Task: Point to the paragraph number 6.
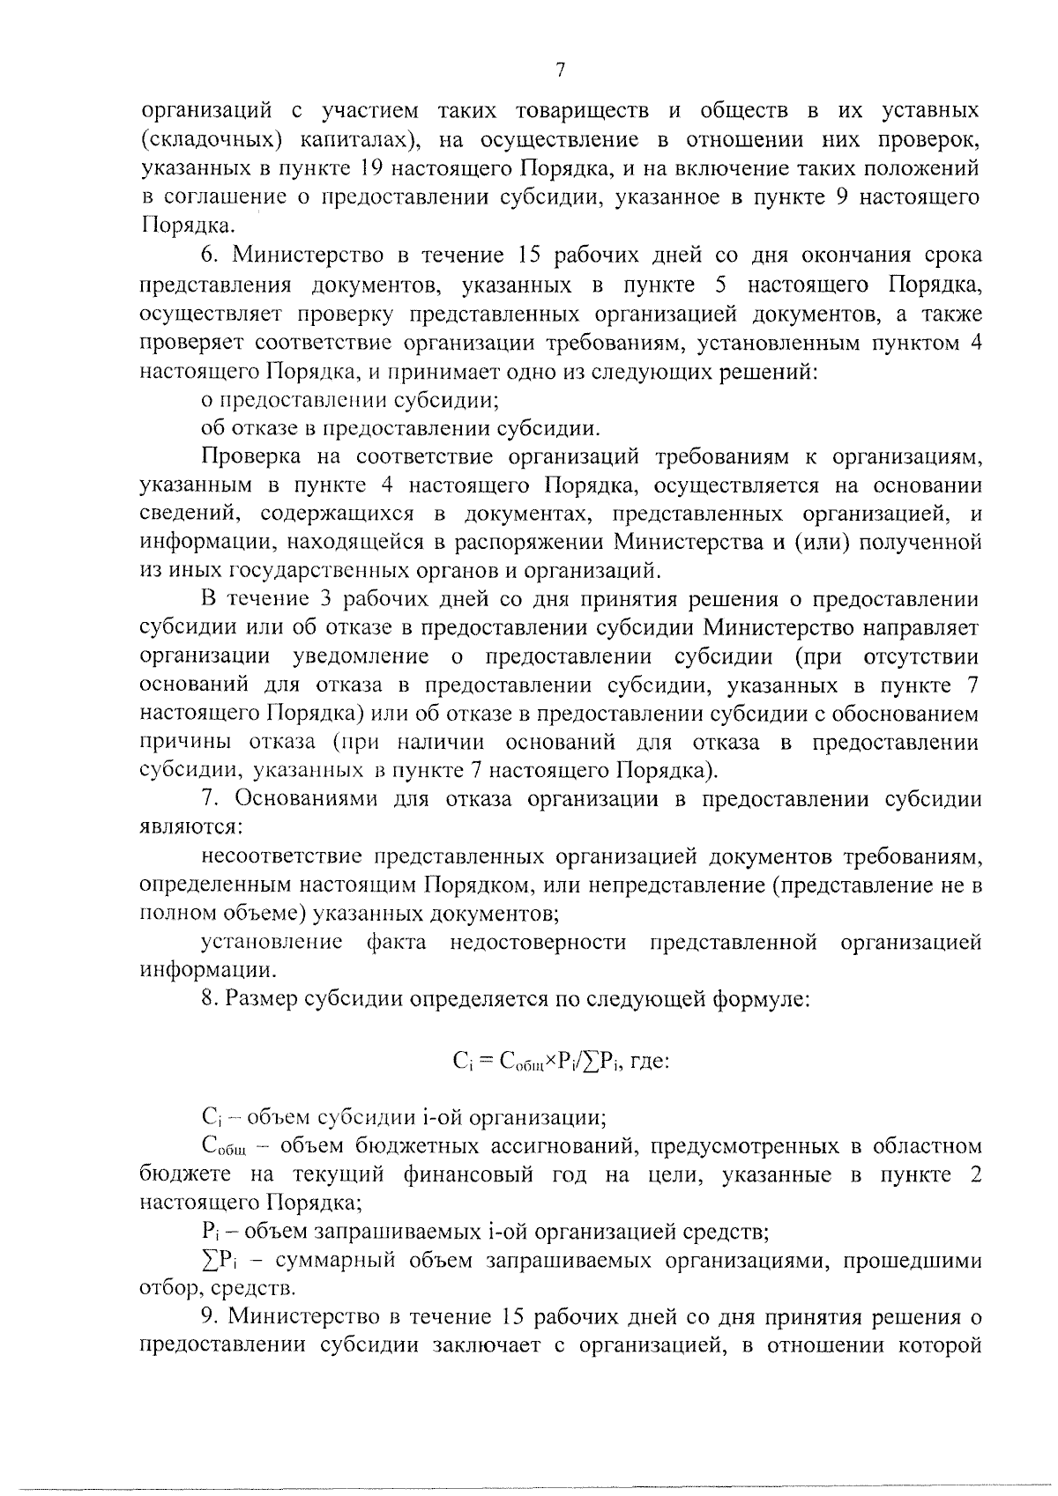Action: coord(208,256)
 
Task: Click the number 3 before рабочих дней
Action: coord(302,600)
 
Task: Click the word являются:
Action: coord(191,828)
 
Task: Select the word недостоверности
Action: coord(538,942)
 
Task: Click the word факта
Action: coord(397,942)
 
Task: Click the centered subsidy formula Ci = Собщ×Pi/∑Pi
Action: coord(562,1061)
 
